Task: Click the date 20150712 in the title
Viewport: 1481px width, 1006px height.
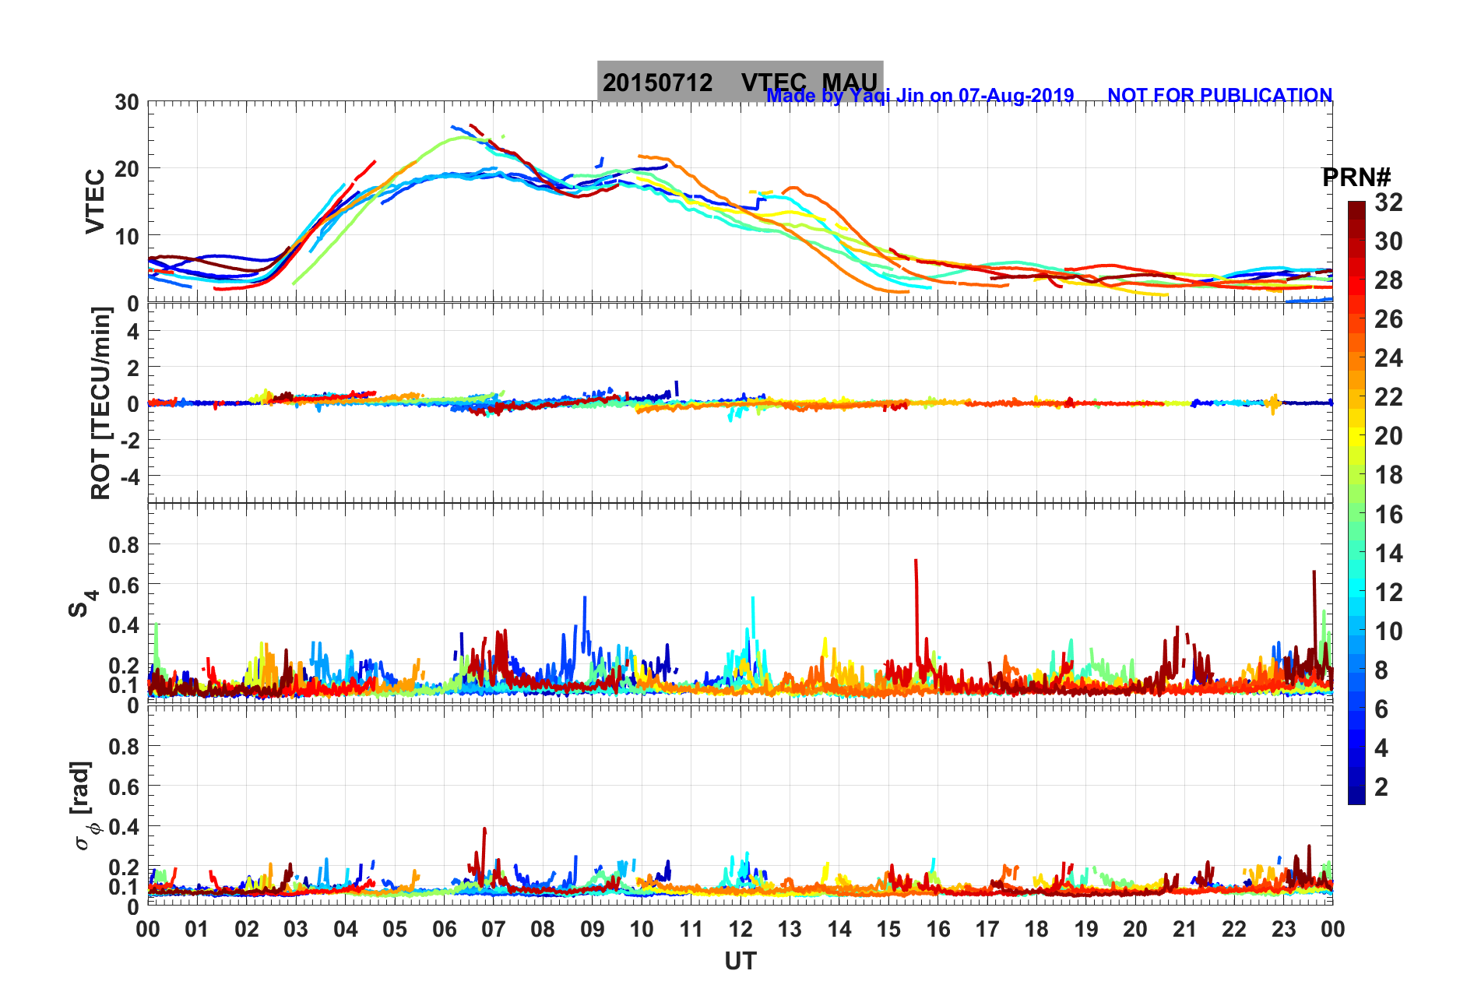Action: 657,83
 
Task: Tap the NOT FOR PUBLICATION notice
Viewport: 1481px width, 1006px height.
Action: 1219,95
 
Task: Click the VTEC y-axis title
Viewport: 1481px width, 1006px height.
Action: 94,201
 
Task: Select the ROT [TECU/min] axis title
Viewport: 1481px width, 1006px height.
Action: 100,403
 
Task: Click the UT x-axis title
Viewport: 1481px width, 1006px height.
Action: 740,962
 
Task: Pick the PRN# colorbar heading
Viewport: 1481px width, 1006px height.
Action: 1356,178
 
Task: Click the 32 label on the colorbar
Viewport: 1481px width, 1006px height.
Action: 1388,202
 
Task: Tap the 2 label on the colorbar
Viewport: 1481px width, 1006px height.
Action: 1381,786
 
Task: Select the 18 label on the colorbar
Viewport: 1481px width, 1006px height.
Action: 1388,475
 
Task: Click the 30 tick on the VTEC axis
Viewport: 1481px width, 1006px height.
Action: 127,102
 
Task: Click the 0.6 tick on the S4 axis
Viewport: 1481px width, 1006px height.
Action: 124,585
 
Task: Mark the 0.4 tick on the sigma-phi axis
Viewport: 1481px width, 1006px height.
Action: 124,826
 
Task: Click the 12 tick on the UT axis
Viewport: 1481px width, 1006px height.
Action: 740,929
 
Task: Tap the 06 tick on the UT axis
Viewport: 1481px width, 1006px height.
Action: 445,929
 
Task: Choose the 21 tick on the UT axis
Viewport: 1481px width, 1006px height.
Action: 1184,929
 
